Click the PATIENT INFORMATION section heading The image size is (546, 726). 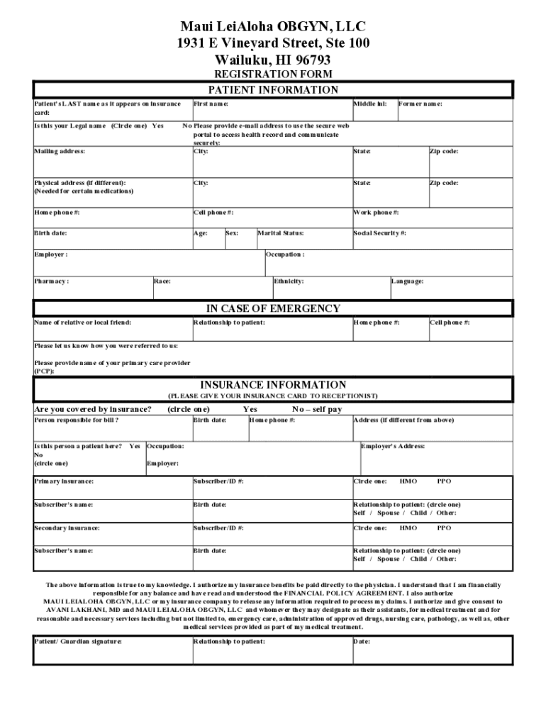click(x=273, y=90)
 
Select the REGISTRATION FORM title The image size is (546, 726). click(x=273, y=74)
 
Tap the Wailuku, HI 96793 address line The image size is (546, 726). click(x=273, y=60)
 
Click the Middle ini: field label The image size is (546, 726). click(x=370, y=104)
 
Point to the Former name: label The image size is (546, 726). click(x=420, y=104)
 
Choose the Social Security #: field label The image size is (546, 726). click(x=380, y=233)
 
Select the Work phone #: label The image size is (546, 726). click(x=376, y=213)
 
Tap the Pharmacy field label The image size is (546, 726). click(x=52, y=281)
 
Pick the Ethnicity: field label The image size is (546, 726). click(x=289, y=281)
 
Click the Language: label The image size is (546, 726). click(x=408, y=281)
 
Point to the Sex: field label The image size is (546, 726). click(x=232, y=233)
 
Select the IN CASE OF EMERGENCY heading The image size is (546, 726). click(x=273, y=308)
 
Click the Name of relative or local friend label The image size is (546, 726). click(x=82, y=323)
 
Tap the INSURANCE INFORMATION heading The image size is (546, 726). click(x=273, y=385)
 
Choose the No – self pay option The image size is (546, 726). click(x=317, y=409)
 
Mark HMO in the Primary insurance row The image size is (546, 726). click(x=408, y=481)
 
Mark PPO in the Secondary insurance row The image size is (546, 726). click(x=444, y=528)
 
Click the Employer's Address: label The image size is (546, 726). click(x=393, y=446)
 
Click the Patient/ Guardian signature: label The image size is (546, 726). click(x=78, y=642)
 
